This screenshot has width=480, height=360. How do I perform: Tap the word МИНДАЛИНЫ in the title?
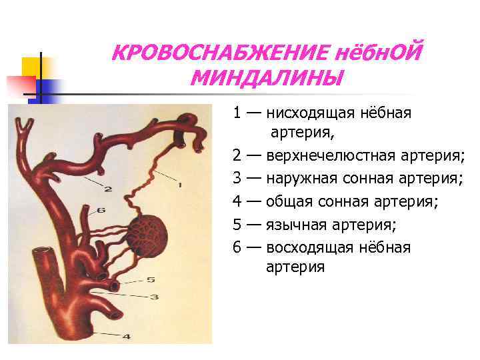266,79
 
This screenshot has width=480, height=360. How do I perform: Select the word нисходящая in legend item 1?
307,113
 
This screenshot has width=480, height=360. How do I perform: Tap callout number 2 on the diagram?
107,189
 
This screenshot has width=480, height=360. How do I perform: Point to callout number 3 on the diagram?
154,297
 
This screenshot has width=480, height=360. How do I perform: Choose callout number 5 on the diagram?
151,280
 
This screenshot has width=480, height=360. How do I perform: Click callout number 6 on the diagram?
101,210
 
